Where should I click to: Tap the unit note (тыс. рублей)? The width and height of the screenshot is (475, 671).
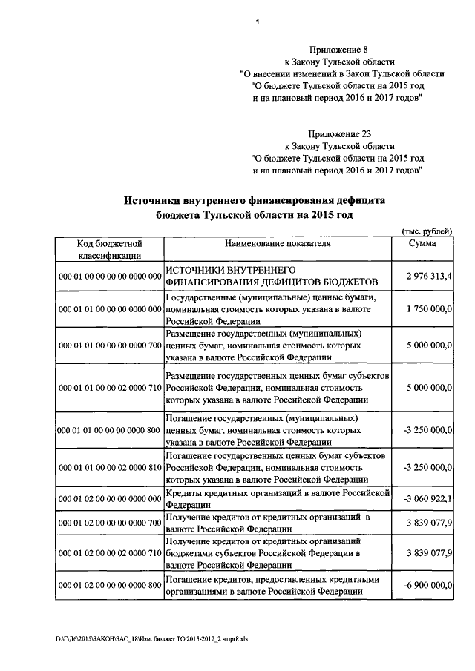(x=426, y=231)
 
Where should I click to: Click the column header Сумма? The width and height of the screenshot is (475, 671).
(x=422, y=242)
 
